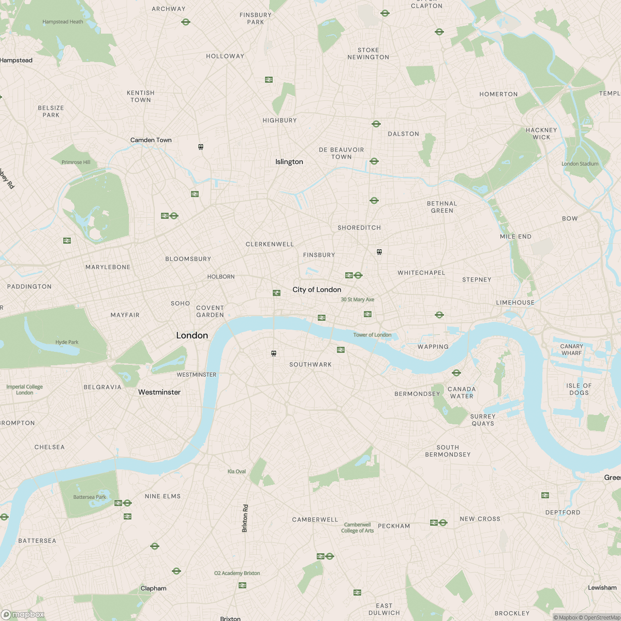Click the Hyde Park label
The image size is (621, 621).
[67, 342]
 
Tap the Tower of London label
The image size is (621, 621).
[372, 335]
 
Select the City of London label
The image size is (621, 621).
[317, 290]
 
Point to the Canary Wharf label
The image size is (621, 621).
[571, 350]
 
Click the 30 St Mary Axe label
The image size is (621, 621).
[357, 300]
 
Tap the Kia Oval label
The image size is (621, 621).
[236, 471]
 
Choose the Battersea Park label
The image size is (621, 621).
[90, 497]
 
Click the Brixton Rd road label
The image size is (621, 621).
[245, 519]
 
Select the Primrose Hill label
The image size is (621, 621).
[76, 162]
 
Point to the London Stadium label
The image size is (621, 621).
[580, 164]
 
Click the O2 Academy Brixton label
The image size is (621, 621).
[237, 573]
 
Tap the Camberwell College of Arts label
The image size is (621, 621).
[357, 527]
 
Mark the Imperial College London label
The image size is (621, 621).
[24, 390]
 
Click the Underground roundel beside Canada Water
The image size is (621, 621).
[456, 373]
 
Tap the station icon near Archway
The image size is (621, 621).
[186, 22]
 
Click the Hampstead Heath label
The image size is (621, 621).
[63, 22]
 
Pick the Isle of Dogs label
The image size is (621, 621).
[579, 389]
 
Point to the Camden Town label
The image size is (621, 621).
[151, 140]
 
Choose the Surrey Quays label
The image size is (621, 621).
[482, 420]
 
